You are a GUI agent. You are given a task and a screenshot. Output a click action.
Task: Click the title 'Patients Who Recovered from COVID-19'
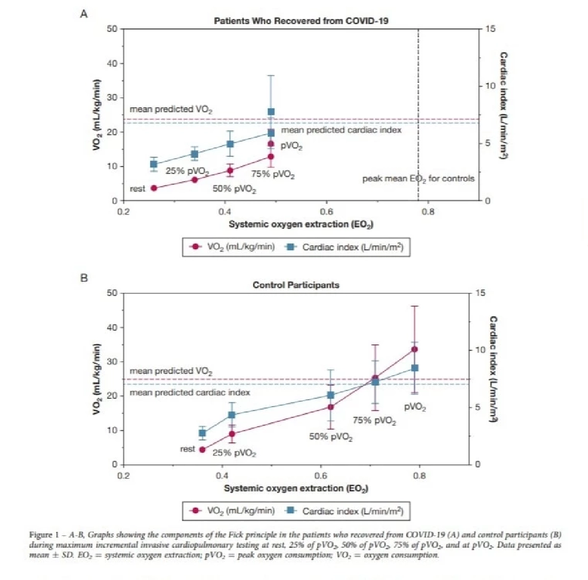(x=301, y=21)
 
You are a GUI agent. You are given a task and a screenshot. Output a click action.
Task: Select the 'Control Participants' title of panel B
(x=295, y=285)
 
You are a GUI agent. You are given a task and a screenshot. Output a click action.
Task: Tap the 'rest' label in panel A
(x=137, y=189)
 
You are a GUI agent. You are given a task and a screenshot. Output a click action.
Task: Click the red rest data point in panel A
(x=154, y=188)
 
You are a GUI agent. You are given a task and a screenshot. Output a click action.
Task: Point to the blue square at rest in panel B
(x=202, y=433)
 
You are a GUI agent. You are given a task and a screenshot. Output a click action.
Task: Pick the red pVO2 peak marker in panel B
(x=415, y=349)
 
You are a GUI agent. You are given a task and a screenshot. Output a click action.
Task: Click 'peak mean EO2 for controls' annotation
(x=418, y=179)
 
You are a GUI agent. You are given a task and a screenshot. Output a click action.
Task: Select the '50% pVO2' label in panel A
(x=234, y=189)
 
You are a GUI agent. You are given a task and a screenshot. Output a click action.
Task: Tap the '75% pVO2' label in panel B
(x=374, y=421)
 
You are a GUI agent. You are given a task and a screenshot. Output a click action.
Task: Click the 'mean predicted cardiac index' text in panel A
(x=341, y=130)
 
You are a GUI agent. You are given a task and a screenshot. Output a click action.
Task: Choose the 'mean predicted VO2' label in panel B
(x=171, y=371)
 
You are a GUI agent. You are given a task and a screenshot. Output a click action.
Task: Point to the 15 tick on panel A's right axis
(x=491, y=29)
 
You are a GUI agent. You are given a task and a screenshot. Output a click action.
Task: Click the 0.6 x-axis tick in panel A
(x=326, y=212)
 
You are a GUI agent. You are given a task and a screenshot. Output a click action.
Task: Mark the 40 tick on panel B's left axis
(x=112, y=327)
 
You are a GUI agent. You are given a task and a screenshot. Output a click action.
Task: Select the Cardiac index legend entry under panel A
(x=346, y=247)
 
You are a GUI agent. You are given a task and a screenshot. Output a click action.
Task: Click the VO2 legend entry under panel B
(x=233, y=510)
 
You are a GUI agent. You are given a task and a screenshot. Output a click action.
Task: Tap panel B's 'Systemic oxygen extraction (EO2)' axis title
(x=296, y=488)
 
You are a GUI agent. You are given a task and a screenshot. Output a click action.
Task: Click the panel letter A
(x=84, y=14)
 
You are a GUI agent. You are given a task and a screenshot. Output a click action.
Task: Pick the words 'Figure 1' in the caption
(x=46, y=534)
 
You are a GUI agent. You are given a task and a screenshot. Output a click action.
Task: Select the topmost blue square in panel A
(x=271, y=112)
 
